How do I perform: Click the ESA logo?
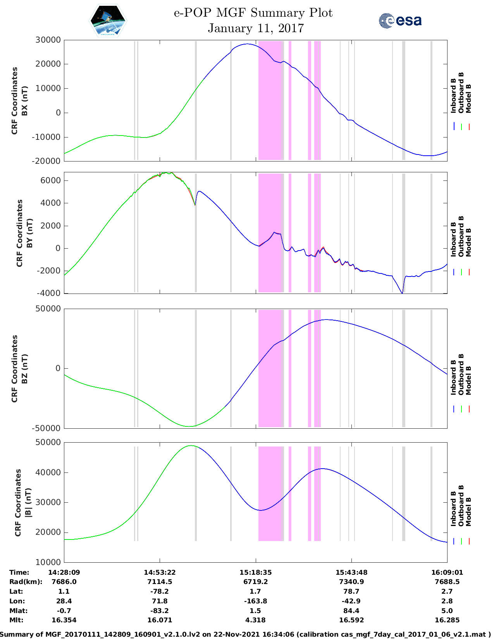click(400, 21)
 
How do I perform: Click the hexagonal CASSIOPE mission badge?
click(108, 21)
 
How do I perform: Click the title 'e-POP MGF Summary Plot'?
click(253, 13)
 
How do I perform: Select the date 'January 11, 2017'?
click(256, 28)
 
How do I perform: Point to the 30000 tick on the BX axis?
click(48, 40)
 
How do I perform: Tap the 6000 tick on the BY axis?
click(50, 180)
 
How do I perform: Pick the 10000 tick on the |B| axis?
click(48, 562)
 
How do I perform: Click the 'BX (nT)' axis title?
click(24, 101)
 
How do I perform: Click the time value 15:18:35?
click(255, 572)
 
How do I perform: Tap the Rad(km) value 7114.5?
click(160, 582)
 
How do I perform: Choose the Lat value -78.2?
click(160, 591)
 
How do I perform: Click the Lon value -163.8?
click(255, 601)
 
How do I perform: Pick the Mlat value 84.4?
click(351, 611)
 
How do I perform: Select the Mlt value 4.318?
click(255, 620)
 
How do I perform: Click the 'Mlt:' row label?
click(16, 620)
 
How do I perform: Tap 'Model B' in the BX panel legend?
click(468, 99)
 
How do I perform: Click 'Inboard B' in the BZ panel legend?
click(454, 378)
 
